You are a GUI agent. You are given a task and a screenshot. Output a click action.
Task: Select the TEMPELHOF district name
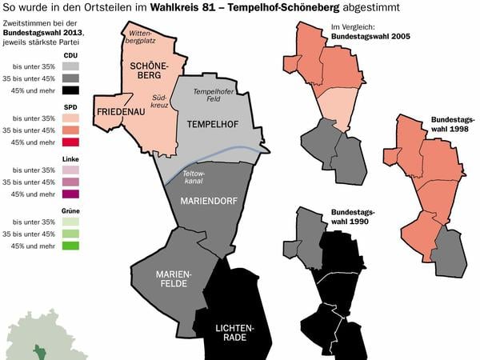(214, 125)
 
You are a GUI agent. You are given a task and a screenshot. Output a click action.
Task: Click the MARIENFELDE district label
(174, 278)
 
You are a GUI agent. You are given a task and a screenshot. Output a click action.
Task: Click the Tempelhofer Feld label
(212, 97)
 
